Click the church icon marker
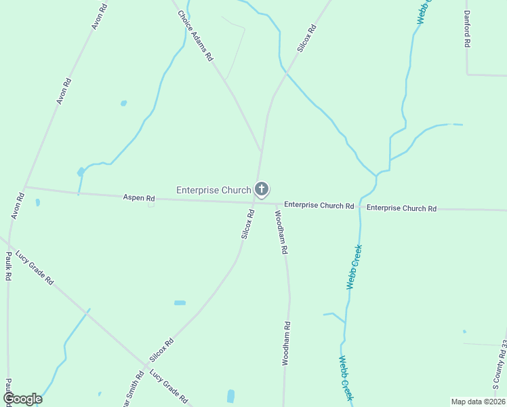click(262, 190)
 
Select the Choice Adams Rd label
click(195, 36)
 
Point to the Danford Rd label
click(467, 28)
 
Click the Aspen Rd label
click(139, 198)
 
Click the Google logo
click(22, 399)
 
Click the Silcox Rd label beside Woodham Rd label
click(247, 224)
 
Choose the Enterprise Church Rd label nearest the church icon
click(319, 205)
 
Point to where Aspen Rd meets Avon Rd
click(24, 187)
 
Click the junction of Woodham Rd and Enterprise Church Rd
click(278, 203)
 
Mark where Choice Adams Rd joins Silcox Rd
click(260, 150)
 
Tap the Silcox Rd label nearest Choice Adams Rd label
click(307, 39)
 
